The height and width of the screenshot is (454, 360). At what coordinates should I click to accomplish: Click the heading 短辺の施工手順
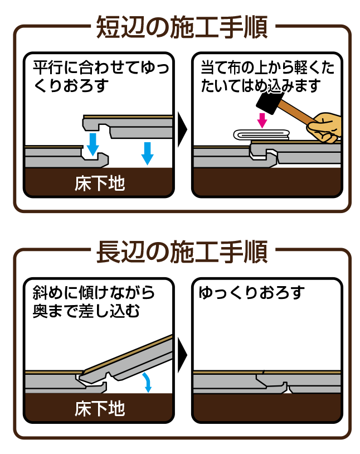click(182, 27)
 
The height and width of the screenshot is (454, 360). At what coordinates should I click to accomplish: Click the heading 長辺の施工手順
click(182, 252)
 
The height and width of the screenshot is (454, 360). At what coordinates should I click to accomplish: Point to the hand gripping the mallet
click(324, 127)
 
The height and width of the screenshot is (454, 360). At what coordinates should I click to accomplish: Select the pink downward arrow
click(262, 120)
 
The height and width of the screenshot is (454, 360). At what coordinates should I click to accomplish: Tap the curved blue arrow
click(148, 381)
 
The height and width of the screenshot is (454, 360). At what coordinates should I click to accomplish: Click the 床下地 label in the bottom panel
click(100, 408)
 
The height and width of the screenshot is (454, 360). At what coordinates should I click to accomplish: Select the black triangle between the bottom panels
click(182, 355)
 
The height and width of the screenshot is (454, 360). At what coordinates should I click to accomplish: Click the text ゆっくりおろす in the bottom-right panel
click(251, 293)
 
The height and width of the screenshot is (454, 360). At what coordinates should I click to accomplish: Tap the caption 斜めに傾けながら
click(94, 293)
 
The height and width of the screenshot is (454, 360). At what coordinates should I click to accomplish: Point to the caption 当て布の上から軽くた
click(267, 67)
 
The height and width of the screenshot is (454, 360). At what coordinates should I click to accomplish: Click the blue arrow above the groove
click(93, 144)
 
